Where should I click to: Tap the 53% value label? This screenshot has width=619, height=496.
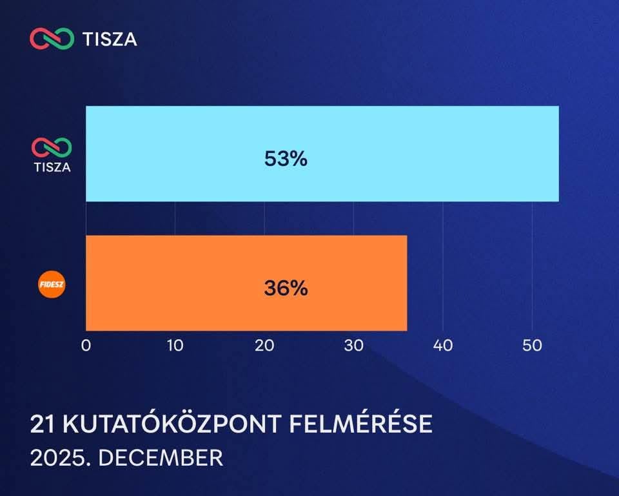286,159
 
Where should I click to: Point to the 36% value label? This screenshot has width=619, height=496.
286,288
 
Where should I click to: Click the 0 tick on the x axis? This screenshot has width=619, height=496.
86,346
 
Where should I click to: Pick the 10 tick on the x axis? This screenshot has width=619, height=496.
175,346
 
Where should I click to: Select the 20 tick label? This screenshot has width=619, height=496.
264,346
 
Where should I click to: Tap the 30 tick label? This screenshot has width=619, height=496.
353,346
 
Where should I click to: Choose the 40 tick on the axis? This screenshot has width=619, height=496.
443,346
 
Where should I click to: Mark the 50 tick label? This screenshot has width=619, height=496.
532,346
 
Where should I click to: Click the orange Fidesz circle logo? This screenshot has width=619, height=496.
53,285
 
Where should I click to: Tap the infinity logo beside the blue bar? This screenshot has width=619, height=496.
52,147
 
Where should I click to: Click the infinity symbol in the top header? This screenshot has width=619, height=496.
52,39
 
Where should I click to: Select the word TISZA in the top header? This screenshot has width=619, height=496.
110,39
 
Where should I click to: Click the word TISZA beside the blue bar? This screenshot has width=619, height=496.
52,167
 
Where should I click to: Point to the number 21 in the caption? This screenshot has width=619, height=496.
41,424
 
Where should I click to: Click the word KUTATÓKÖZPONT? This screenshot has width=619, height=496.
170,424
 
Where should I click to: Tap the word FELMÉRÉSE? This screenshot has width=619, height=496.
361,424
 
